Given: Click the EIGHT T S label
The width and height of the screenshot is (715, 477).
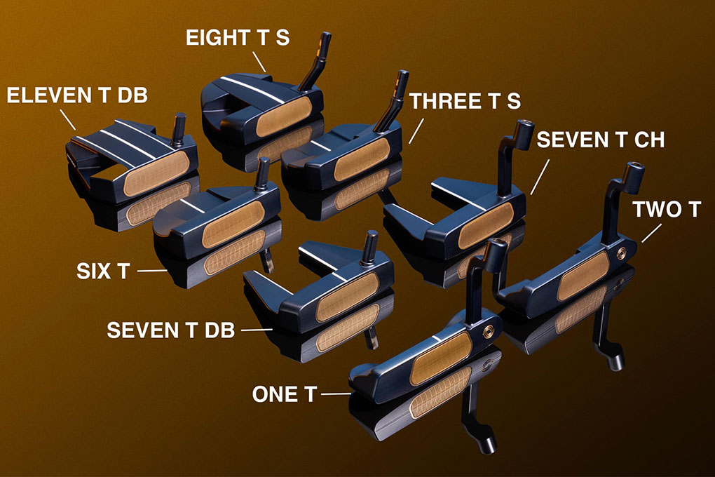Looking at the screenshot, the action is click(x=238, y=38).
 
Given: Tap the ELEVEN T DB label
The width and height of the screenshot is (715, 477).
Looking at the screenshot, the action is click(x=77, y=95).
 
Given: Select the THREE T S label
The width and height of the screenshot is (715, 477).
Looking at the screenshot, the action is click(x=465, y=101).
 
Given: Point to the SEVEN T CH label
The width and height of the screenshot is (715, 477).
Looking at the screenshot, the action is click(x=601, y=140).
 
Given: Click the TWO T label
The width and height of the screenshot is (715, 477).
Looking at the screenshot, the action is click(x=667, y=210).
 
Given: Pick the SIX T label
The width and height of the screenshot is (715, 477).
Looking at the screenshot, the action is click(x=104, y=271).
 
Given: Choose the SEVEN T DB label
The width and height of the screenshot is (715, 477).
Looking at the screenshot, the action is click(x=171, y=330).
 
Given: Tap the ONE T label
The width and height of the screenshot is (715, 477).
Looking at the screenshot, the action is click(x=285, y=394).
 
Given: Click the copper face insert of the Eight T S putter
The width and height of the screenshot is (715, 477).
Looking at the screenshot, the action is click(x=284, y=117).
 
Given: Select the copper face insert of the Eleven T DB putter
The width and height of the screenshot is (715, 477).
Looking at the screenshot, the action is click(x=156, y=173).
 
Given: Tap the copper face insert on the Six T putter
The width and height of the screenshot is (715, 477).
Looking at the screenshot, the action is click(x=233, y=224).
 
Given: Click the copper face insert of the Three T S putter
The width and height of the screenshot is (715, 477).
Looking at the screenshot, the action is click(x=362, y=159).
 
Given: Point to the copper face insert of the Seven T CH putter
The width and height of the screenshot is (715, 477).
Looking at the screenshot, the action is click(x=486, y=225).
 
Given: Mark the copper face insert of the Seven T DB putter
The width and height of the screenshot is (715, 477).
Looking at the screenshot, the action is click(x=348, y=296).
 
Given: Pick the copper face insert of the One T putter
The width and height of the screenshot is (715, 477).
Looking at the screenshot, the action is click(x=440, y=358).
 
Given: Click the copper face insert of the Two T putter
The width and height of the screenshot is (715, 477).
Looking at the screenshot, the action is click(x=584, y=276).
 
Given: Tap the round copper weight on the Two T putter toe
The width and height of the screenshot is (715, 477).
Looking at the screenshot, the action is click(x=622, y=253).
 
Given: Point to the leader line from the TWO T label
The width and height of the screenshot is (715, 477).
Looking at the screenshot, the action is click(x=652, y=234).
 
